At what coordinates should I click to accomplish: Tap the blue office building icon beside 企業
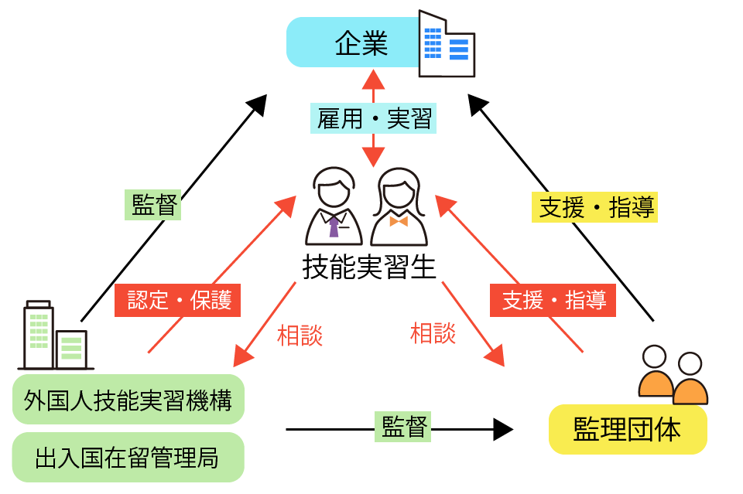446,45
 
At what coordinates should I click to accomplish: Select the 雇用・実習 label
375,119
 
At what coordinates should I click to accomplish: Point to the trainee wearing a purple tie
334,210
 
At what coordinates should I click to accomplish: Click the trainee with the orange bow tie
399,210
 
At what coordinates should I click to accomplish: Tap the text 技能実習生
369,267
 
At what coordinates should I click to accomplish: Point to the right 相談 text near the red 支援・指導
433,333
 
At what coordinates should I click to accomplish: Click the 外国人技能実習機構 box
128,400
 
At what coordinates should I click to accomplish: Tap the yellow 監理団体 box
628,429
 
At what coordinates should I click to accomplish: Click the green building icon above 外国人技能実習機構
55,336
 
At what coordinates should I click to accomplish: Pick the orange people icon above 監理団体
673,376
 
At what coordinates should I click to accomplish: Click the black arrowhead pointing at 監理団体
503,428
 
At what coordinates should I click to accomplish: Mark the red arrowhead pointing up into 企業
374,79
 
